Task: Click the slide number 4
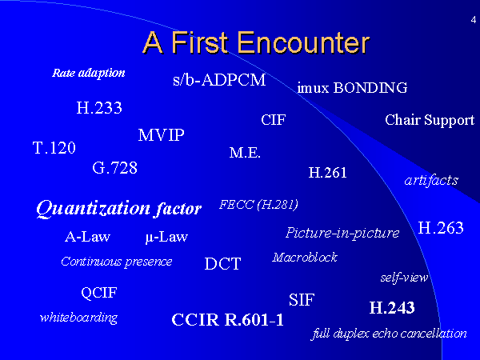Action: [x=474, y=20]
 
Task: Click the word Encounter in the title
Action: [x=303, y=42]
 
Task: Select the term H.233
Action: [x=99, y=108]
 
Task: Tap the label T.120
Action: [x=54, y=147]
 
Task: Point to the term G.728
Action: [x=114, y=168]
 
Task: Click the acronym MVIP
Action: [x=162, y=135]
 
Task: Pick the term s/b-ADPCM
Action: [x=219, y=80]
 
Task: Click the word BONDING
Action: [x=370, y=88]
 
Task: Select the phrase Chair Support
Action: [x=430, y=120]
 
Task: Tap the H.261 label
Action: [x=327, y=173]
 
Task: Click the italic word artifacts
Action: [x=431, y=180]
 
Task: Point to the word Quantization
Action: [x=94, y=209]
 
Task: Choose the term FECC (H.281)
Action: [x=258, y=205]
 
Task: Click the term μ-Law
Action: [x=166, y=237]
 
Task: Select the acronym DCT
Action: [x=222, y=263]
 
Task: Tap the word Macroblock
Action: [x=305, y=258]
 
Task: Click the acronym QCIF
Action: [x=99, y=293]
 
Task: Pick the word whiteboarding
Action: [x=78, y=318]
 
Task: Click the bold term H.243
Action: [x=392, y=308]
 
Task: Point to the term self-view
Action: [x=404, y=278]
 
